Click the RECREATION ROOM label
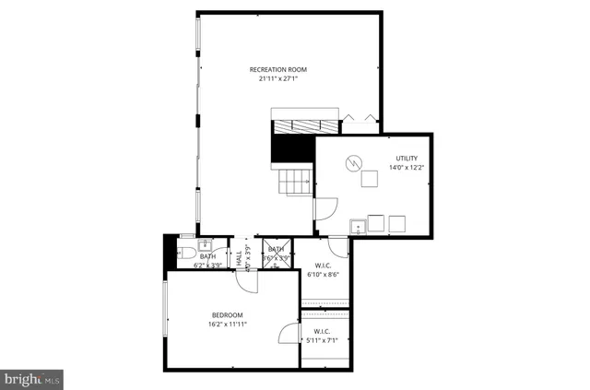coord(277,69)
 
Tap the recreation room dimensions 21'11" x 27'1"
coord(277,78)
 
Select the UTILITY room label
coord(407,159)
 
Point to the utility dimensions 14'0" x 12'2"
coord(407,168)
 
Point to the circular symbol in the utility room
coord(352,163)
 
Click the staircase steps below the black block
coord(295,182)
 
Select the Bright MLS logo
coord(31,377)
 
